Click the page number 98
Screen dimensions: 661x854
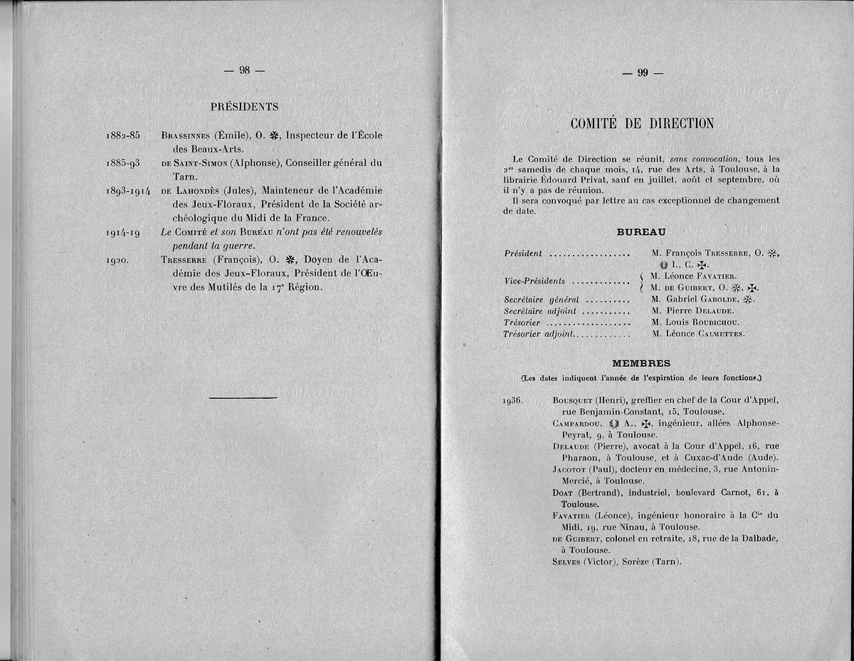(243, 70)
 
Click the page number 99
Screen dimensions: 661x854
(642, 72)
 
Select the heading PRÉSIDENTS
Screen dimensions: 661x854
(244, 107)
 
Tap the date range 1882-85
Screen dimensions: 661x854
(122, 135)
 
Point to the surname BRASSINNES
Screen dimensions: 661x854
(186, 135)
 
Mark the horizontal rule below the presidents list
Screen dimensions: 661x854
(244, 397)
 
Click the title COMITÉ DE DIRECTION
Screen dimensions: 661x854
(642, 124)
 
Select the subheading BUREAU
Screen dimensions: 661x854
(640, 231)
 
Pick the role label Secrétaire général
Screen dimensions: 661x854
(542, 299)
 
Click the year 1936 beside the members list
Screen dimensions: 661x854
(512, 400)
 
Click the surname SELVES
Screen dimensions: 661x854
(566, 561)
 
